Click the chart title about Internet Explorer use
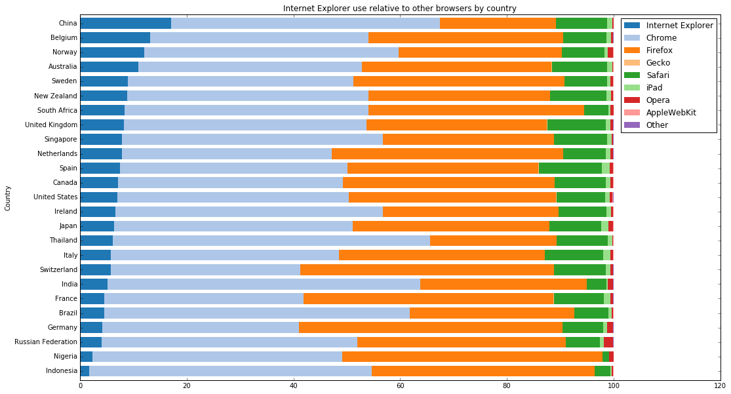click(399, 9)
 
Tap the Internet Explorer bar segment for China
click(125, 24)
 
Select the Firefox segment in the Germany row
click(430, 327)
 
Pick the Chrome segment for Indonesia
click(230, 370)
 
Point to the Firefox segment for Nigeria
click(472, 356)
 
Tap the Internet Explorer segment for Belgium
click(115, 38)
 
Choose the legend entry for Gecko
click(659, 62)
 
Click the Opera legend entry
click(658, 100)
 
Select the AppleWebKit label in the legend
click(671, 112)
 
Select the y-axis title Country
click(8, 197)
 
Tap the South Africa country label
click(56, 110)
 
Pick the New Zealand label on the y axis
click(56, 96)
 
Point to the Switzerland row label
click(58, 269)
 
